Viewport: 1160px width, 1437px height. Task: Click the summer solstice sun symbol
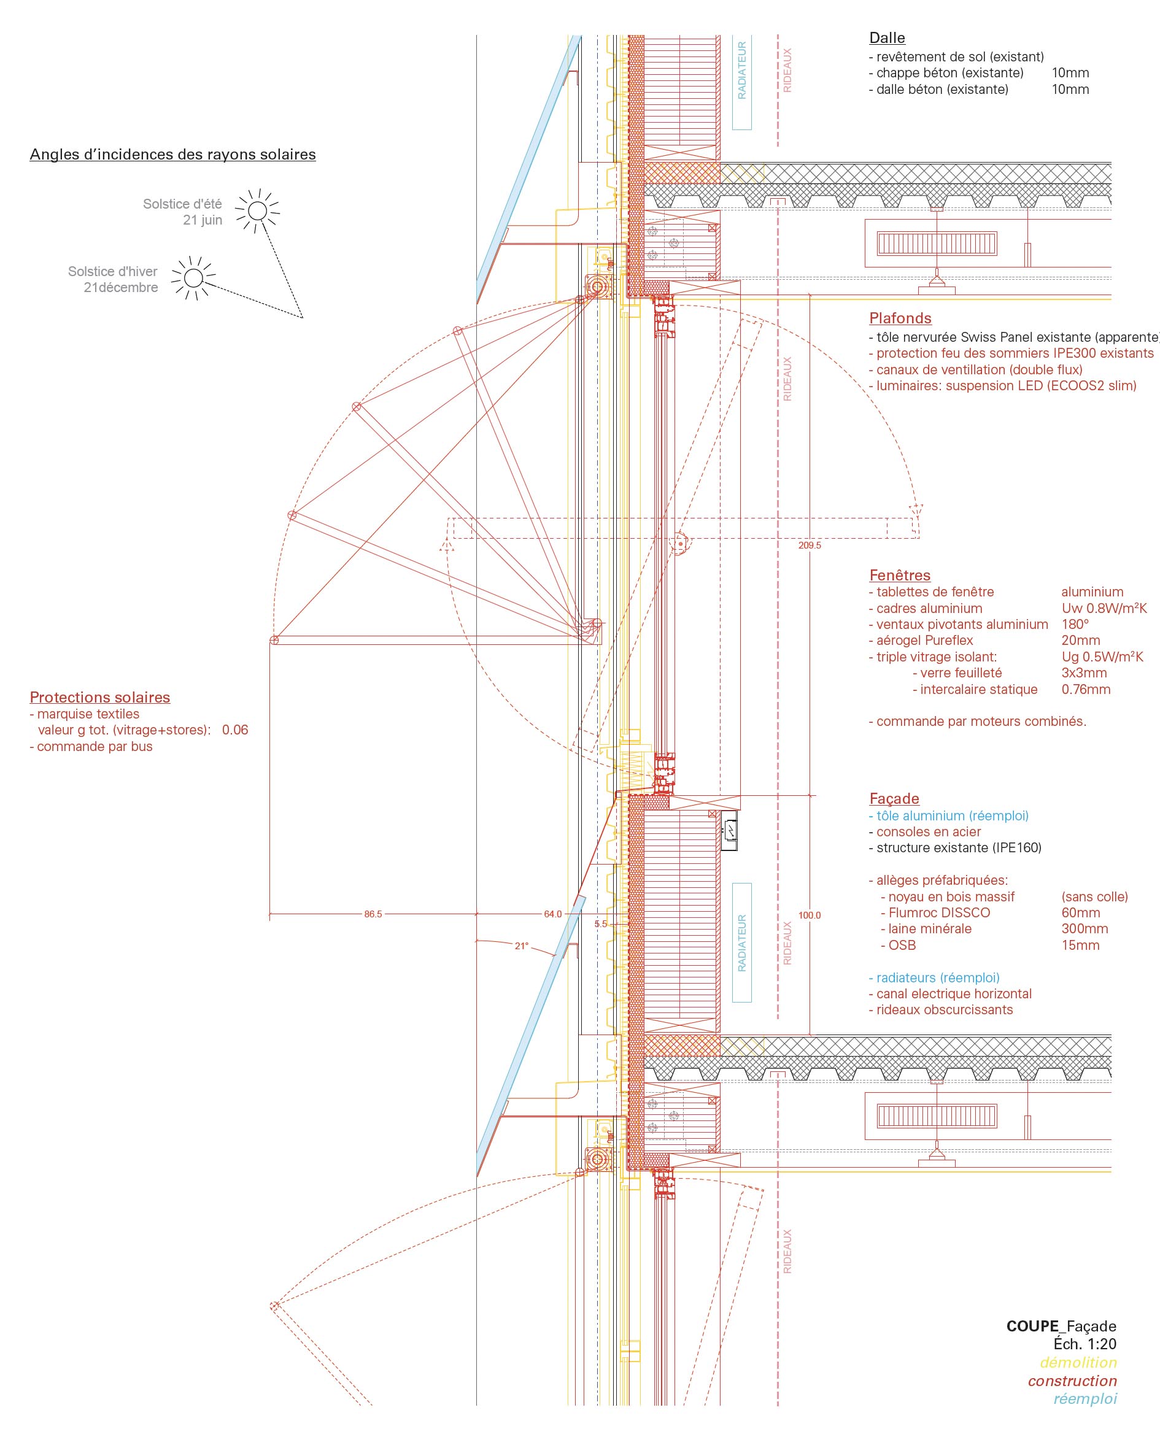coord(257,212)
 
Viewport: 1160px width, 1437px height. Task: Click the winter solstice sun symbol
coord(193,278)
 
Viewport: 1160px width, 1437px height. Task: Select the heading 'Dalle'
coord(887,38)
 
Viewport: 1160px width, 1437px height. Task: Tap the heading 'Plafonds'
coord(899,318)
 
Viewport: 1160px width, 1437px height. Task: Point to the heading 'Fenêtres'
coord(899,575)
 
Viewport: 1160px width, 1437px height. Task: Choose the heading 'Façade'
coord(894,798)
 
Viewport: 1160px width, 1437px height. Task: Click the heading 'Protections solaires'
coord(99,697)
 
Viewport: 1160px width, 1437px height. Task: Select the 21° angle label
coord(521,946)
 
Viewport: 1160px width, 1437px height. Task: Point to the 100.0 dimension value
coord(809,915)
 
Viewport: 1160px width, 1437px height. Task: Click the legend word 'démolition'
coord(1078,1362)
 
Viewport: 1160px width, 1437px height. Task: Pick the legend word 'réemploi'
coord(1085,1398)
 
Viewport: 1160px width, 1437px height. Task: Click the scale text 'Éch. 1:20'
coord(1085,1344)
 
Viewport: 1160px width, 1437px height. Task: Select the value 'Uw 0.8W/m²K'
coord(1104,608)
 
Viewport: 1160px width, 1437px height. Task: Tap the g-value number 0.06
coord(234,730)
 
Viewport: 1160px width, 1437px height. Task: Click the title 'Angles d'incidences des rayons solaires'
coord(172,155)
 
